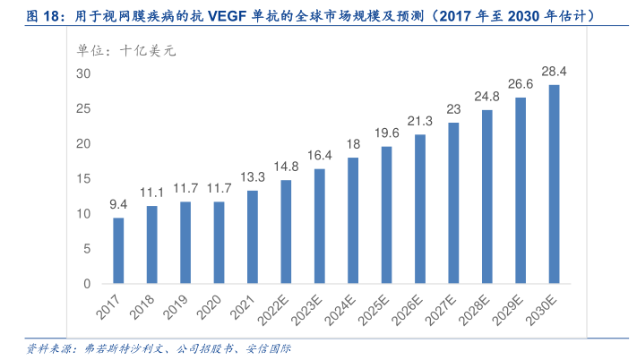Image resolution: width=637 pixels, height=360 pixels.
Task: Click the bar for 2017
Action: coord(118,251)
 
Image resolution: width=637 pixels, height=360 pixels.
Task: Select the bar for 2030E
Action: coord(555,184)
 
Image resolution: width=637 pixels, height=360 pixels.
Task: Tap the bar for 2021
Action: coord(253,237)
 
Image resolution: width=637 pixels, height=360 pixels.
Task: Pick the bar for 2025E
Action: coord(387,215)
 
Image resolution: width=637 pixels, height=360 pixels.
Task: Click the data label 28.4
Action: coord(555,70)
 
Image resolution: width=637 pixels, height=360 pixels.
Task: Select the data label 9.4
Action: coord(118,204)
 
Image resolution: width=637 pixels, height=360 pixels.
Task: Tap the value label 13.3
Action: coord(253,176)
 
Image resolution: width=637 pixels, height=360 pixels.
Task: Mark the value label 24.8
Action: coord(487,96)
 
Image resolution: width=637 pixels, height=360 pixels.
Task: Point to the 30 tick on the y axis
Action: coord(83,73)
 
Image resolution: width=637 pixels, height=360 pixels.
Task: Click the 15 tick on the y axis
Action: coord(83,179)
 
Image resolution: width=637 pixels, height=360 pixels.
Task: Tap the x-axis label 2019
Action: coord(176,306)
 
